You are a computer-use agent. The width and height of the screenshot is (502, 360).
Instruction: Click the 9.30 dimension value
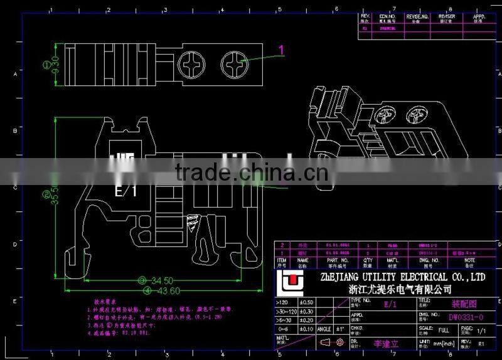[x=56, y=64]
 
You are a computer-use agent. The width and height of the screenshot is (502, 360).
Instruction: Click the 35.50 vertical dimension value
[x=56, y=196]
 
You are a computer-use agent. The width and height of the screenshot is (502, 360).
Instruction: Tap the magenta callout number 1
[x=282, y=50]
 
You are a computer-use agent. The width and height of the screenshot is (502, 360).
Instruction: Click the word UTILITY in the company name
[x=370, y=277]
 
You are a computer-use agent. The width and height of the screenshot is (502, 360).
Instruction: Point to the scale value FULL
[x=444, y=329]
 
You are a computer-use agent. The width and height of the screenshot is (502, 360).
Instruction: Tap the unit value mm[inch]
[x=444, y=343]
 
